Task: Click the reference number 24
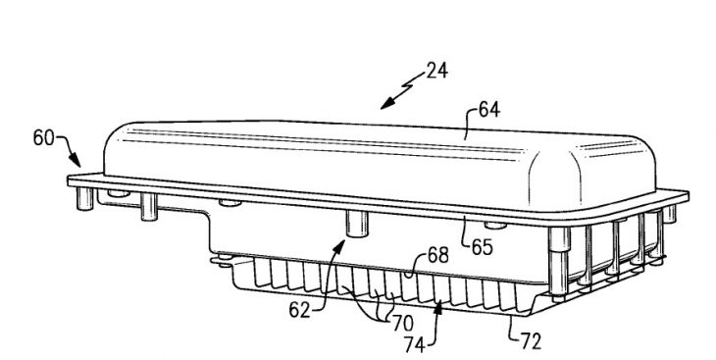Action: (x=437, y=72)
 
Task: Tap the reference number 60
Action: (x=43, y=137)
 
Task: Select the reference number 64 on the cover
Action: (x=489, y=110)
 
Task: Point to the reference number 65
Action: (x=483, y=247)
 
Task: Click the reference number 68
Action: (x=437, y=255)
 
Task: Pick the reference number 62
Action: (x=299, y=311)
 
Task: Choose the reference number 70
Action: (x=402, y=324)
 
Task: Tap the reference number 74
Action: (x=415, y=344)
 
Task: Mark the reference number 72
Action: (x=531, y=340)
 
